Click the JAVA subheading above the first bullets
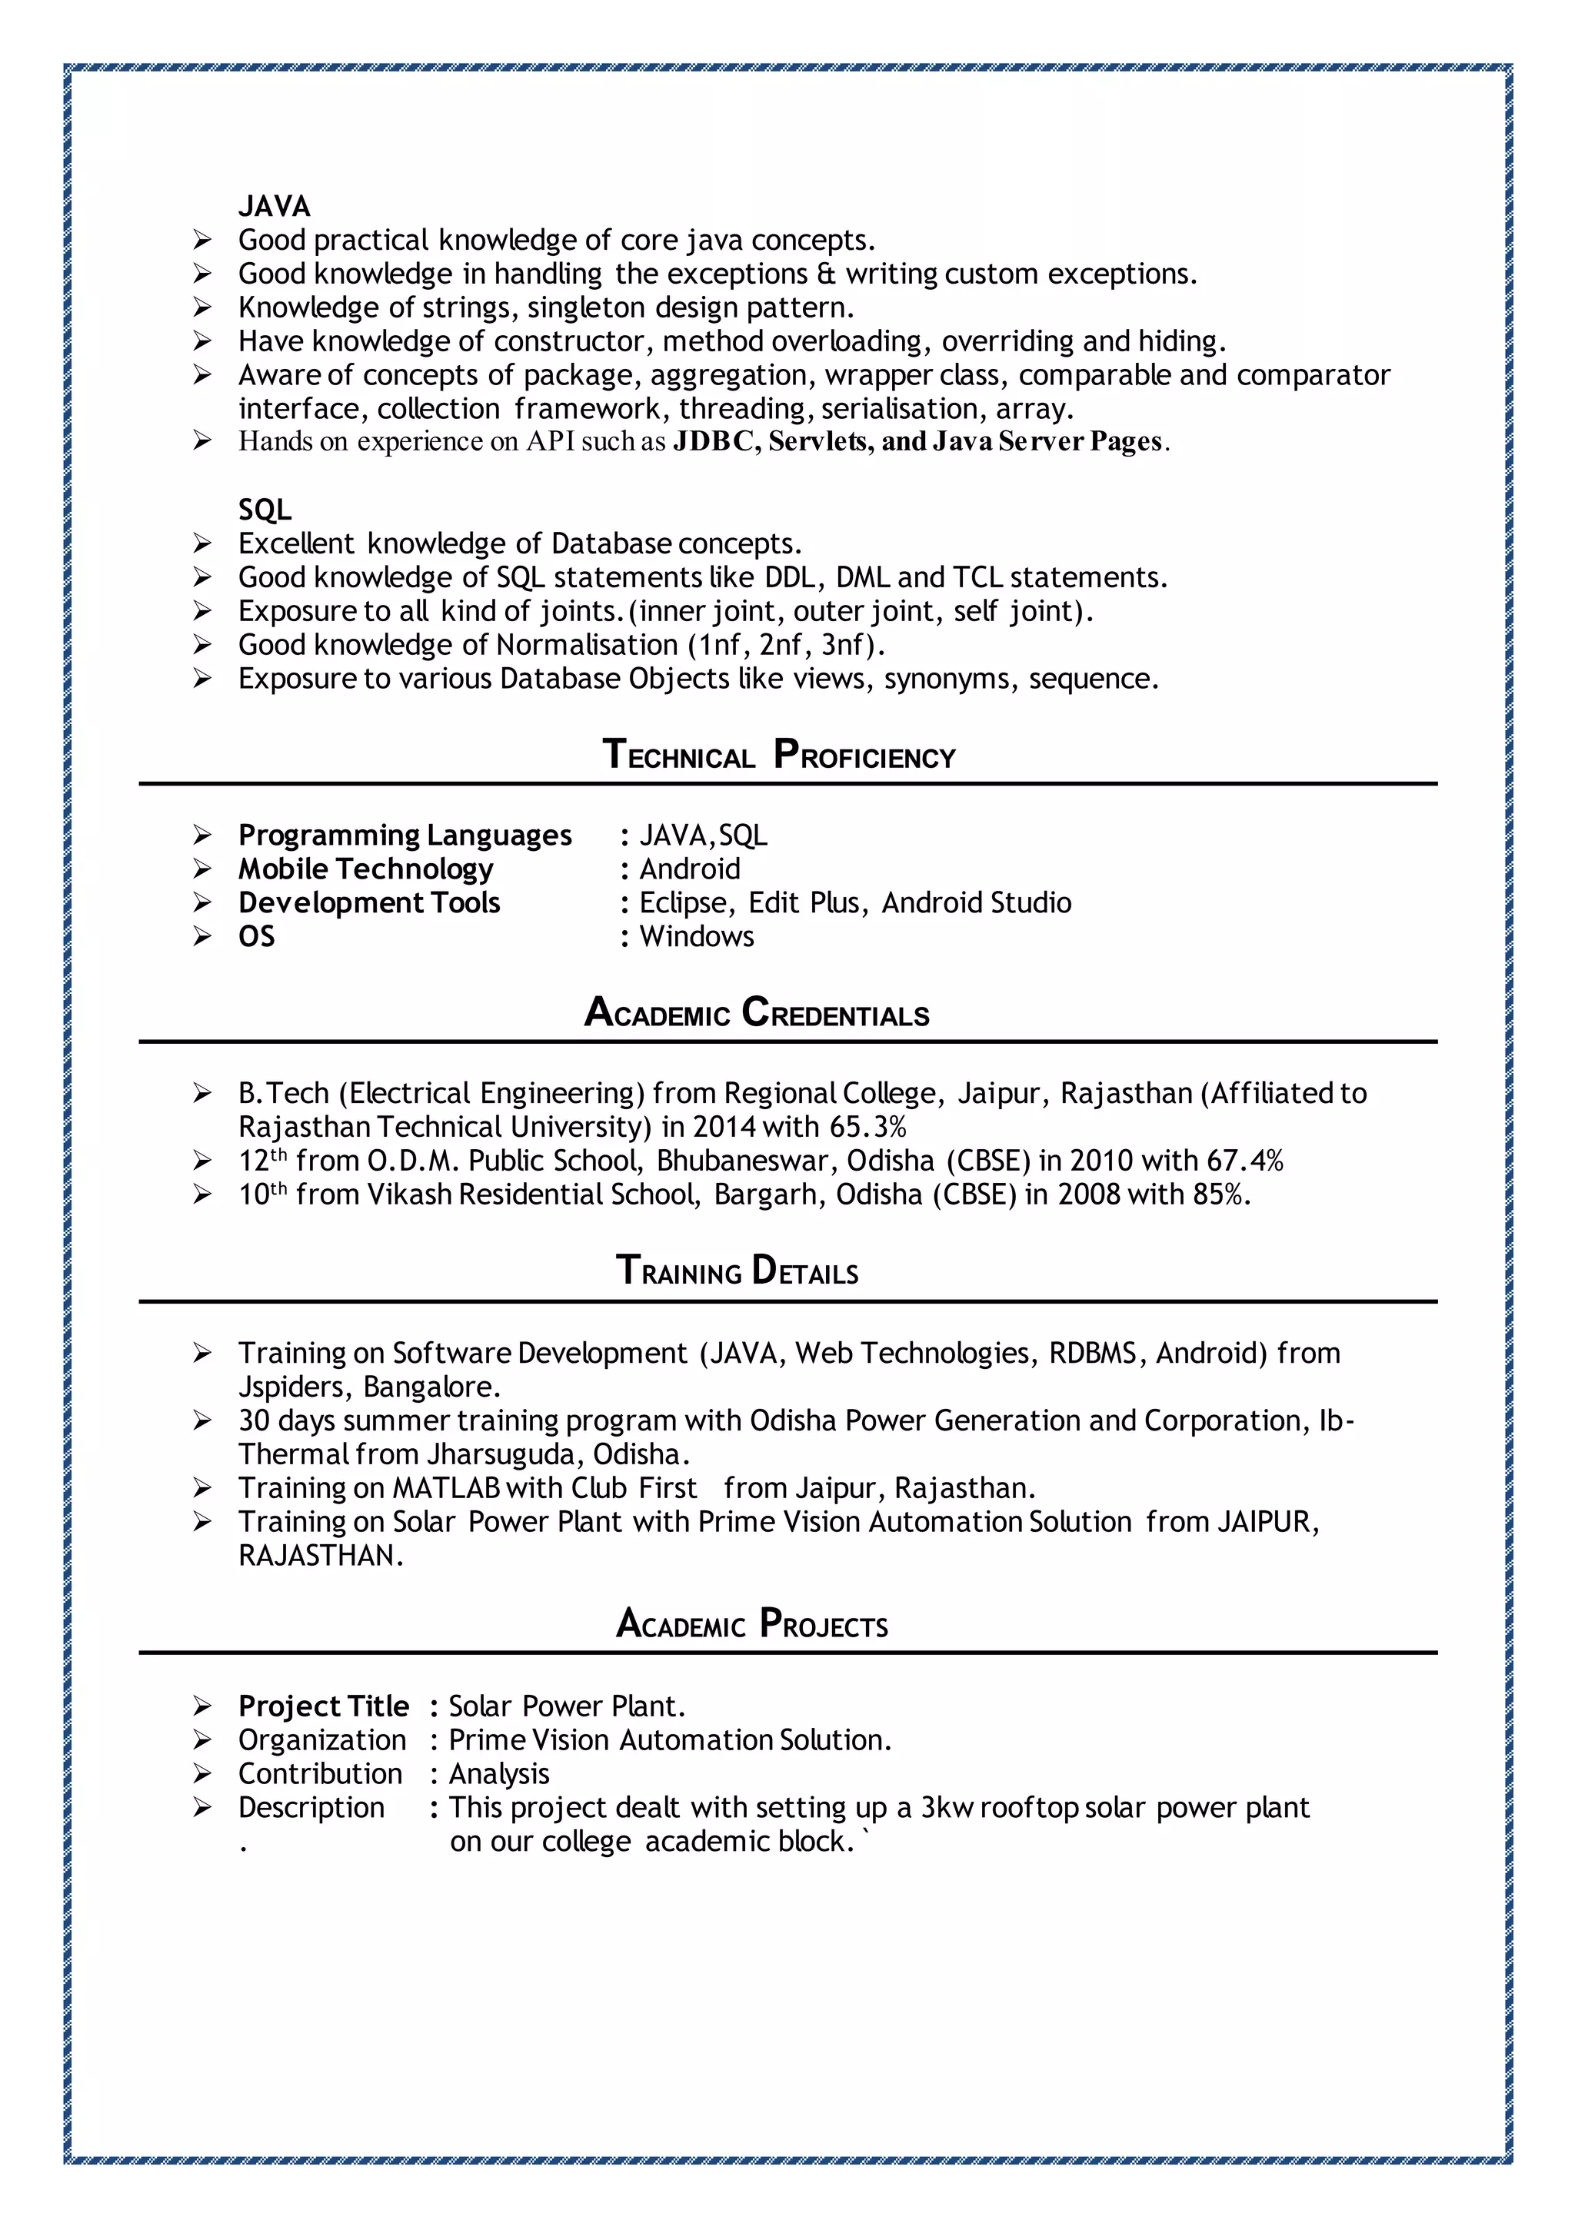tap(275, 207)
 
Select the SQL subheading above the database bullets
tap(265, 510)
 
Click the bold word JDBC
tap(716, 442)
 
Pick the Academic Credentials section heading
tap(757, 1013)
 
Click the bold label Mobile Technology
tap(365, 869)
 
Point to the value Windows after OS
tap(696, 936)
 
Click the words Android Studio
tap(976, 902)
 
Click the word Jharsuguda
tap(504, 1454)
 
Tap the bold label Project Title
tap(324, 1706)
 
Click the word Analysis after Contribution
tap(498, 1774)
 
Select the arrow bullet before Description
tap(201, 1807)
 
